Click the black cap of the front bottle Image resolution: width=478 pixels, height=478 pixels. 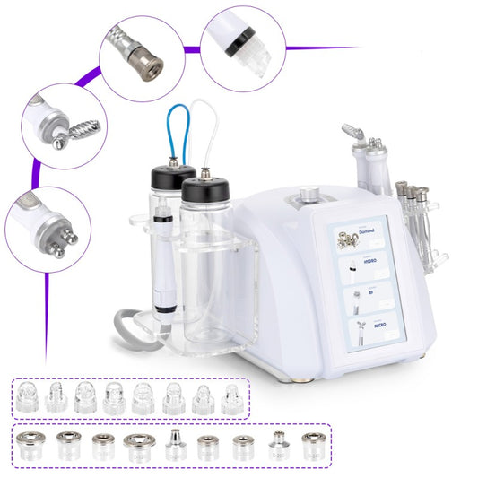click(x=204, y=189)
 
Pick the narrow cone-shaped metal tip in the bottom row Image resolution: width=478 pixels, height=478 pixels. click(x=174, y=444)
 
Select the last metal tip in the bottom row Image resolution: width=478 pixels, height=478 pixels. click(x=312, y=445)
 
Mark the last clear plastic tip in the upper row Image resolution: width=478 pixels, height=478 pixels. click(x=230, y=399)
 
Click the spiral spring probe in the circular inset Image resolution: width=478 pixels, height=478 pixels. click(x=73, y=135)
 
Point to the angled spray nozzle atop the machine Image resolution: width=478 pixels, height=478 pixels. click(x=354, y=135)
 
